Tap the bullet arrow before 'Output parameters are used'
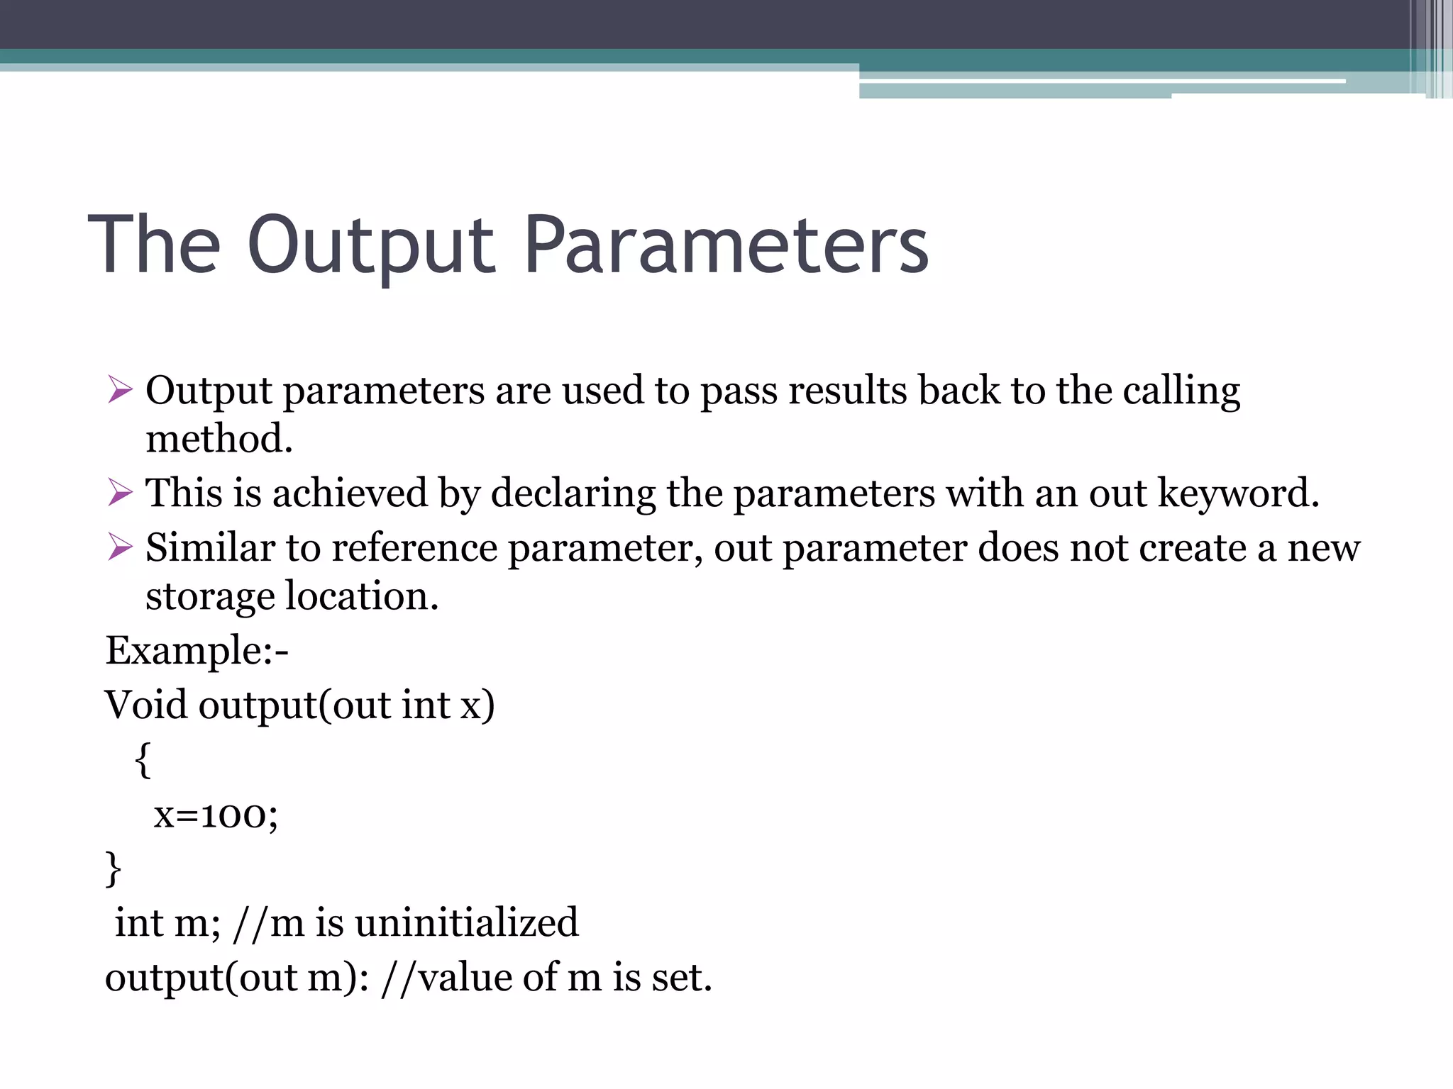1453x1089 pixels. point(120,390)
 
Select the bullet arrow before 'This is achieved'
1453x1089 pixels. point(120,493)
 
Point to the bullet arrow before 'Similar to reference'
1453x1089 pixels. point(120,547)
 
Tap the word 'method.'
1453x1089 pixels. point(219,439)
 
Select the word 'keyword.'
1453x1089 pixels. point(1238,493)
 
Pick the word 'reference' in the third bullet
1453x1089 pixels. point(414,548)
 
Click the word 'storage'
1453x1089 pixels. point(209,597)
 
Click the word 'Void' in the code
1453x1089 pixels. point(145,705)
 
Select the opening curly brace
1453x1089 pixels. point(143,761)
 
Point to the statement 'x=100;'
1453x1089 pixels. point(216,815)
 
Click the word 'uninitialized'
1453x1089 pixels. point(466,923)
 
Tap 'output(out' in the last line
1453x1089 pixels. point(195,978)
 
